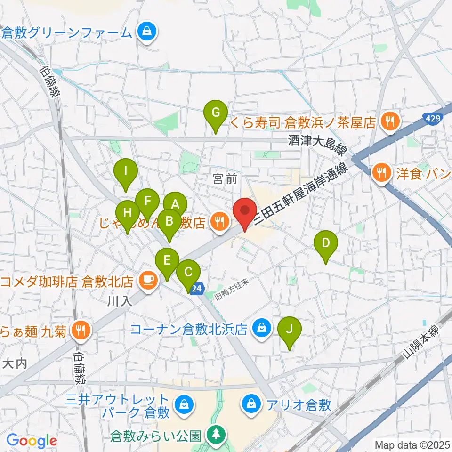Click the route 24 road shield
pos(198,288)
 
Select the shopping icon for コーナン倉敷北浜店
pos(260,328)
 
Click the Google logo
pos(32,441)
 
